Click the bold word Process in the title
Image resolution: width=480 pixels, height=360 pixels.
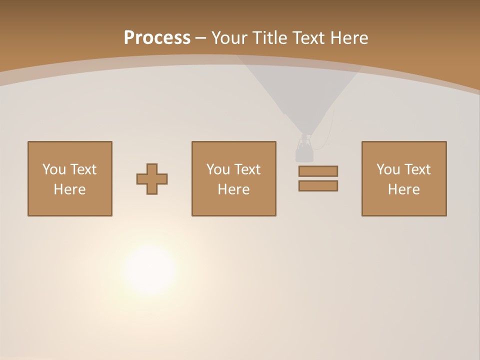tap(157, 37)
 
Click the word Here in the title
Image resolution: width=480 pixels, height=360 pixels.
tap(350, 37)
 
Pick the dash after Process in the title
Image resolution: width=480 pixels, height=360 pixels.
tap(200, 38)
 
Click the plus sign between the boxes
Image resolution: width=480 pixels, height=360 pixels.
tap(152, 179)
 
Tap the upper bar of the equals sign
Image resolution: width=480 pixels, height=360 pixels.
tap(318, 171)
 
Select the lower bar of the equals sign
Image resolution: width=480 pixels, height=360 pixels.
tap(318, 186)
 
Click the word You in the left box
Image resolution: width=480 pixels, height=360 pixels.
tap(54, 169)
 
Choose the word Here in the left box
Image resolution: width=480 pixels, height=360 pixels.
tap(69, 189)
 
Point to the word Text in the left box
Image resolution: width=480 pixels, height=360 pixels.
tap(83, 169)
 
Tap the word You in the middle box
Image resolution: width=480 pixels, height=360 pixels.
tap(218, 169)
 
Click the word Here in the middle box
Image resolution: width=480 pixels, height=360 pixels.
tap(233, 189)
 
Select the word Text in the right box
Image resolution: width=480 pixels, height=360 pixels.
tap(417, 169)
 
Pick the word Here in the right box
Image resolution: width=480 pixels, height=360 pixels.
tap(403, 189)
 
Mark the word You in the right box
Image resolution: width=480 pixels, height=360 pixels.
tap(388, 169)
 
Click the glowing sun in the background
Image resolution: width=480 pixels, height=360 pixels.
tap(149, 269)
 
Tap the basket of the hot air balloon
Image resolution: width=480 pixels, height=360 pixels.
tap(304, 150)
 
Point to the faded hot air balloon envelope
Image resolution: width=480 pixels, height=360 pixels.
tap(300, 90)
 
